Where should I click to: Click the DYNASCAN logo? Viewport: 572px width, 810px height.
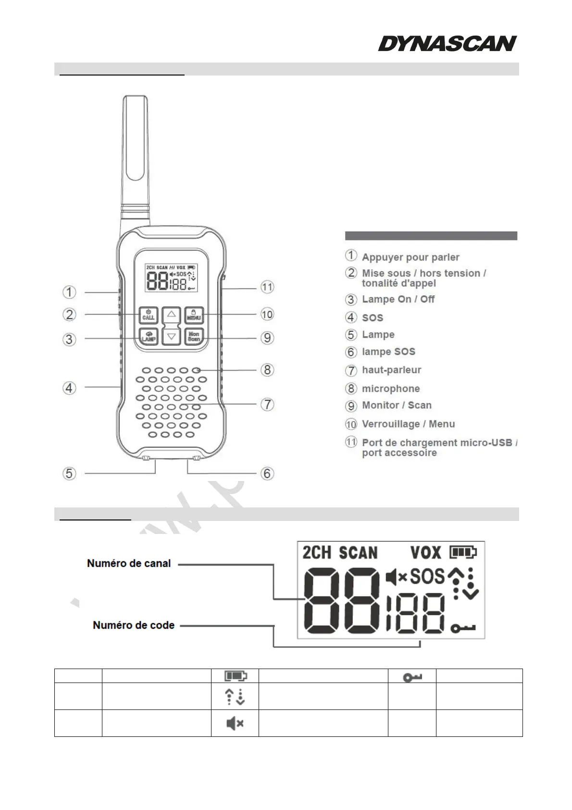pyautogui.click(x=447, y=43)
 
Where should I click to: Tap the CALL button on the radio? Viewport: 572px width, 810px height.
pyautogui.click(x=148, y=315)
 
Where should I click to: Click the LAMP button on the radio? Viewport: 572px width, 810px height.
pyautogui.click(x=148, y=337)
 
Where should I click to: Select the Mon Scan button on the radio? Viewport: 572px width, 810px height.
pyautogui.click(x=194, y=337)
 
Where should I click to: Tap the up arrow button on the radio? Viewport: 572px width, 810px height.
pyautogui.click(x=171, y=316)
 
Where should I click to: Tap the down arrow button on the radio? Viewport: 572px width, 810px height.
pyautogui.click(x=171, y=337)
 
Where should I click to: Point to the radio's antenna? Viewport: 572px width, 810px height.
pyautogui.click(x=135, y=154)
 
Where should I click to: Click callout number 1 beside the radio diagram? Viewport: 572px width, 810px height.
pyautogui.click(x=70, y=292)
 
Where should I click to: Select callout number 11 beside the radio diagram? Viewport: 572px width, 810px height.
pyautogui.click(x=267, y=287)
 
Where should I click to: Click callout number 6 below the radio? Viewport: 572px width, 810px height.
pyautogui.click(x=267, y=473)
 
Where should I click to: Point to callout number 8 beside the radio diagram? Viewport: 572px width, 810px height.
pyautogui.click(x=267, y=370)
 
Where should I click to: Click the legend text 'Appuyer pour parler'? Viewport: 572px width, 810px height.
pyautogui.click(x=410, y=257)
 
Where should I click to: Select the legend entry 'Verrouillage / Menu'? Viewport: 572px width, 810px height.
pyautogui.click(x=408, y=424)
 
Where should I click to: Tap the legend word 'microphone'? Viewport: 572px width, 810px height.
pyautogui.click(x=391, y=389)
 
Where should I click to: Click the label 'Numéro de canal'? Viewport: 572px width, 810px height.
pyautogui.click(x=129, y=563)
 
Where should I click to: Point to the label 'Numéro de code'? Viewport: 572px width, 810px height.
pyautogui.click(x=134, y=625)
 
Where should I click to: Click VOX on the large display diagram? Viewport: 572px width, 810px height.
pyautogui.click(x=425, y=553)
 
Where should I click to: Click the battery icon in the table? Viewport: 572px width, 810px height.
pyautogui.click(x=235, y=676)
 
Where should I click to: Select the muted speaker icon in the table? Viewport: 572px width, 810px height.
pyautogui.click(x=235, y=723)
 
